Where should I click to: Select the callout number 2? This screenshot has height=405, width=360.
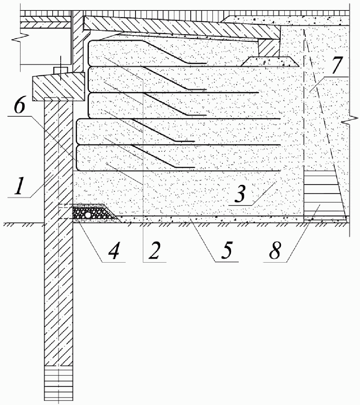154,250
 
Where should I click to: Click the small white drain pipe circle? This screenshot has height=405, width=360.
88,215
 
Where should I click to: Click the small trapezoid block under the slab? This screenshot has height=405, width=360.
270,61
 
